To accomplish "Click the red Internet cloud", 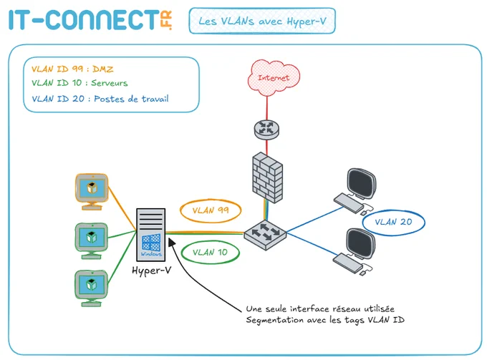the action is pyautogui.click(x=274, y=77).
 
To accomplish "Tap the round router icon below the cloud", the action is pyautogui.click(x=266, y=130).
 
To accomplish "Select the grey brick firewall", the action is pyautogui.click(x=267, y=177).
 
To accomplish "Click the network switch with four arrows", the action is pyautogui.click(x=265, y=234).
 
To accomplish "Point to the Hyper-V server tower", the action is pyautogui.click(x=151, y=235).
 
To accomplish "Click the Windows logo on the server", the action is pyautogui.click(x=151, y=243).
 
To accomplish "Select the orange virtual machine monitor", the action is pyautogui.click(x=92, y=192).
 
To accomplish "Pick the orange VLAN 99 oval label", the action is pyautogui.click(x=211, y=210).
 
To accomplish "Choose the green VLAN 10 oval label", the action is pyautogui.click(x=211, y=253).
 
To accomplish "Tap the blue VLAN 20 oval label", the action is pyautogui.click(x=393, y=222).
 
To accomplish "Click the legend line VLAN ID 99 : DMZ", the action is pyautogui.click(x=72, y=69).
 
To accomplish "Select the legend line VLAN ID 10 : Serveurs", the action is pyautogui.click(x=79, y=83).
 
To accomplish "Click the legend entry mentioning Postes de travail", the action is pyautogui.click(x=100, y=99).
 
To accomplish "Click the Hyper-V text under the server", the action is pyautogui.click(x=152, y=271).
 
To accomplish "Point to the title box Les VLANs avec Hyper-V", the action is pyautogui.click(x=262, y=21).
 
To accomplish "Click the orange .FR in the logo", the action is pyautogui.click(x=166, y=20).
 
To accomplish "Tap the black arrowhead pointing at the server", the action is pyautogui.click(x=172, y=242).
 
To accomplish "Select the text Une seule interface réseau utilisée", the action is pyautogui.click(x=320, y=308).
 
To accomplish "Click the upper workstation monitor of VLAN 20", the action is pyautogui.click(x=361, y=183).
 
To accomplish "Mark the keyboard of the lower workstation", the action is pyautogui.click(x=348, y=263).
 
